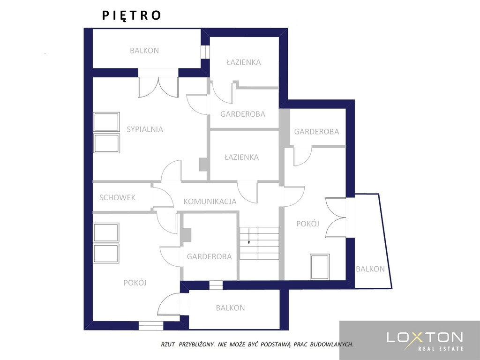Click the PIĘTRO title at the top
click(131, 15)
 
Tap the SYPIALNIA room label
click(145, 129)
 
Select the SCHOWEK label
click(117, 197)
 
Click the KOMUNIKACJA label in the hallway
click(210, 202)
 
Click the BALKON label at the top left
click(144, 51)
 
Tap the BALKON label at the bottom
click(230, 307)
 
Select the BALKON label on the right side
click(370, 269)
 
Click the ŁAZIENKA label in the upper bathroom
click(244, 62)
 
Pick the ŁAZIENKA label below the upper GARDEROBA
click(241, 157)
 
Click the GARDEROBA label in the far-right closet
click(316, 132)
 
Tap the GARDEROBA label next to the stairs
click(210, 256)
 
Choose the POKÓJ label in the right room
click(307, 224)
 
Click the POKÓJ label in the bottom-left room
click(135, 283)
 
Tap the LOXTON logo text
click(425, 337)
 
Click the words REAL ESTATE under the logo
click(441, 348)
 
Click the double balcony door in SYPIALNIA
click(158, 87)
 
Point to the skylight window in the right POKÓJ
click(320, 267)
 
